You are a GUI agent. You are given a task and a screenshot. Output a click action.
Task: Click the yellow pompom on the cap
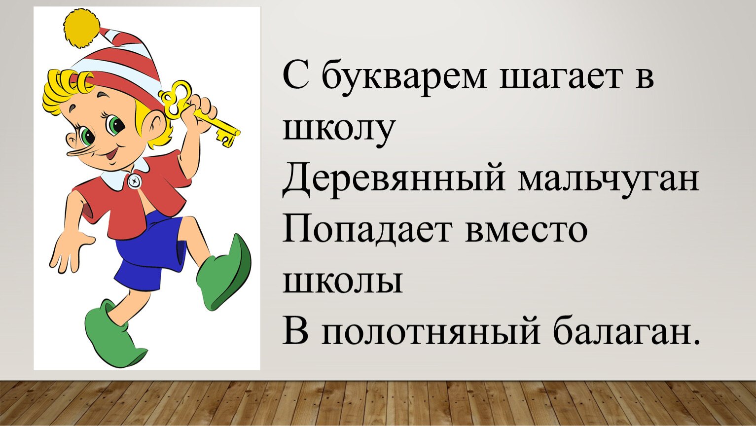click(82, 27)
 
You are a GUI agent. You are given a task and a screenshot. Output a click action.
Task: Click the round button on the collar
click(135, 181)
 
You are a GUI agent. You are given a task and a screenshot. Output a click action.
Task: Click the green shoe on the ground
click(113, 332)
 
